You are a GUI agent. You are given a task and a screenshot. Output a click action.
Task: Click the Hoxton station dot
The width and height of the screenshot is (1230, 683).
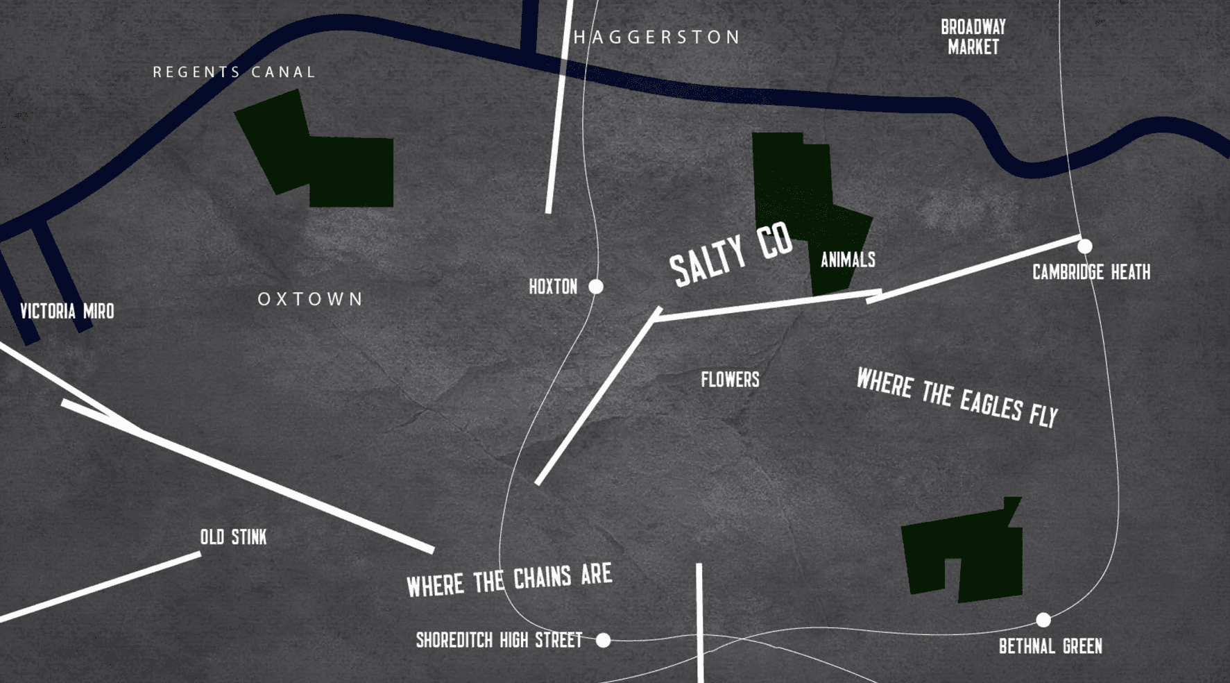596,287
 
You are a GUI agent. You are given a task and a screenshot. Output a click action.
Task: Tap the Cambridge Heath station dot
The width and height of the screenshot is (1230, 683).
1085,246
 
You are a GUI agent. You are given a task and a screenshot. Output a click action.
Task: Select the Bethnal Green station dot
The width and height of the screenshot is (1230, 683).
1043,620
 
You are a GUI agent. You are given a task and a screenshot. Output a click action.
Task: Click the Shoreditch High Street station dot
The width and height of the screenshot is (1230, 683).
604,640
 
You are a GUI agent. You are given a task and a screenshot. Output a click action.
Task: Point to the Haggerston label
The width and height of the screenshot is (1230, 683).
657,37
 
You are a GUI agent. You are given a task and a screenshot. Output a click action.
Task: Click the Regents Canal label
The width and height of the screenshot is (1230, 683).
234,72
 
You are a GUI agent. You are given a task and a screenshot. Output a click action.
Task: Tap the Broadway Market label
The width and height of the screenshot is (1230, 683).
973,37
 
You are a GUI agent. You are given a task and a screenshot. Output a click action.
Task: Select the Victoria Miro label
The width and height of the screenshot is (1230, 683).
67,311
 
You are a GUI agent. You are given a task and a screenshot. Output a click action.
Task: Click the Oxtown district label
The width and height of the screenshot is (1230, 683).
310,299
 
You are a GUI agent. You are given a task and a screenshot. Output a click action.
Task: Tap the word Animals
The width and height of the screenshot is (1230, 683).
848,260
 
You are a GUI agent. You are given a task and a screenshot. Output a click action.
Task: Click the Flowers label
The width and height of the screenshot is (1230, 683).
730,380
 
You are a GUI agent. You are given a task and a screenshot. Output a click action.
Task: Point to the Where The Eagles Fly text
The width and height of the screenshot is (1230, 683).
957,398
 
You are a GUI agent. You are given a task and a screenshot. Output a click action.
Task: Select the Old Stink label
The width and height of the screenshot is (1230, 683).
233,537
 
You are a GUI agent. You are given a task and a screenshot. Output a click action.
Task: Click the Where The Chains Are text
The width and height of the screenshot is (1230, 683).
509,580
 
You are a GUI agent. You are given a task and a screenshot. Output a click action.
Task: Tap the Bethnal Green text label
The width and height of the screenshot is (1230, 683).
1050,647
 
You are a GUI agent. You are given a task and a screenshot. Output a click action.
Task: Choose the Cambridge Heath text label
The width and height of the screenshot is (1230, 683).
1091,272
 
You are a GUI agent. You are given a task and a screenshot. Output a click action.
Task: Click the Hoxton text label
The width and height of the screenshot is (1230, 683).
553,287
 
